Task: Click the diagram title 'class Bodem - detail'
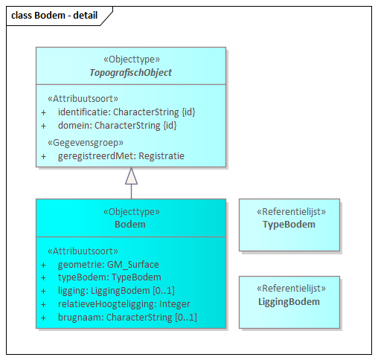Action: coord(54,15)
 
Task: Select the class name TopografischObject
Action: coord(130,72)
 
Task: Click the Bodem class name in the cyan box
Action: coord(130,224)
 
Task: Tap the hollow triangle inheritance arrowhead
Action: coord(131,176)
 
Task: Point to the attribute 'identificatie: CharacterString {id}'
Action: coord(126,112)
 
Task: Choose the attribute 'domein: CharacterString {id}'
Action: coord(118,125)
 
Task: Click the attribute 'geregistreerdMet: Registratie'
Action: coord(121,156)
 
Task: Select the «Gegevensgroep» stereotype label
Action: coord(85,142)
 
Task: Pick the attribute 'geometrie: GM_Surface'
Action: coord(108,264)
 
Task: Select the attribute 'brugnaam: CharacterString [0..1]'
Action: coord(127,317)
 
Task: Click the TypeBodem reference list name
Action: coord(289,224)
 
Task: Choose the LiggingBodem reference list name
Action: coord(289,301)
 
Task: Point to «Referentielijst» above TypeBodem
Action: coord(289,211)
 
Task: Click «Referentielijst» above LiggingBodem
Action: coord(289,289)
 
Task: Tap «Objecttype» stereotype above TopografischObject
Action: coord(130,60)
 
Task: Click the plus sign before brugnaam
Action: coord(43,317)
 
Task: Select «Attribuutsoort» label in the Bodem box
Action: coord(82,251)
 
